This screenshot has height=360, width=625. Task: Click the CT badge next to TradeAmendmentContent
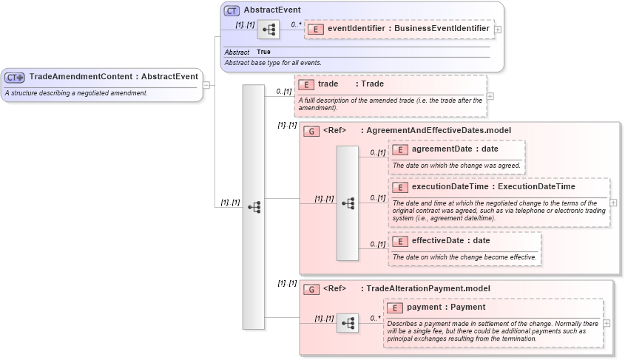click(15, 77)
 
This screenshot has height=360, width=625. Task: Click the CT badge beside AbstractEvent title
click(232, 11)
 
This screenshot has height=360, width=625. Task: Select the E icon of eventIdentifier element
click(316, 29)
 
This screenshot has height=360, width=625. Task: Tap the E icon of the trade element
click(305, 84)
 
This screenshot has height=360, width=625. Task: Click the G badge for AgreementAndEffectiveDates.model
click(311, 131)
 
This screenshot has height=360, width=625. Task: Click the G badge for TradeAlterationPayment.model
click(311, 289)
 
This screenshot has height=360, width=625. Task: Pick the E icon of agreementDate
click(400, 149)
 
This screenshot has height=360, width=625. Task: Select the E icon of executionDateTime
click(400, 187)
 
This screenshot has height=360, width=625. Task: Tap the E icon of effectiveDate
click(400, 241)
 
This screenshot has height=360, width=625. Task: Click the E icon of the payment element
click(395, 308)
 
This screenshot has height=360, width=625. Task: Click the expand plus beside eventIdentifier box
click(498, 30)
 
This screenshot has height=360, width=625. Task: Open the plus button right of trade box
click(490, 96)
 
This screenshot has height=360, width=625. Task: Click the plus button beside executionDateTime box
click(614, 203)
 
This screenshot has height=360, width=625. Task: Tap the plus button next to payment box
click(607, 324)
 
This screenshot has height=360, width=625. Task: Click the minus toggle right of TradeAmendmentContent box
click(206, 85)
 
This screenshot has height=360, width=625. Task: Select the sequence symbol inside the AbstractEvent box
click(268, 30)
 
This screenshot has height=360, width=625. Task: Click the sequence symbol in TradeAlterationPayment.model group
click(348, 324)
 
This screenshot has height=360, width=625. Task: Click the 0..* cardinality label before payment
click(375, 319)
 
